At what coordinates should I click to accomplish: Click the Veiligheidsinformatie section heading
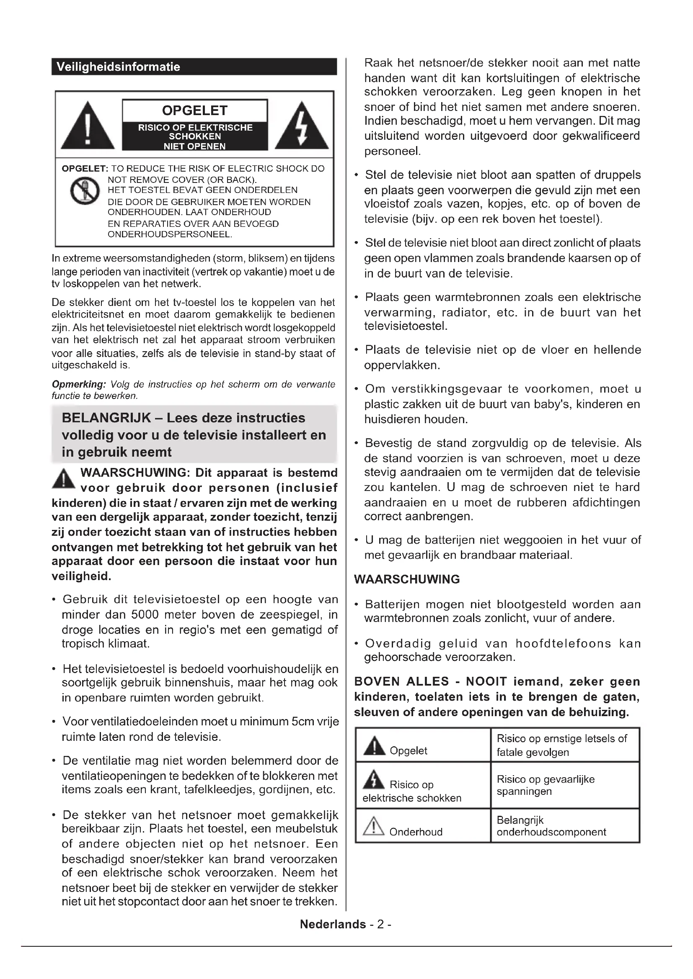coord(118,67)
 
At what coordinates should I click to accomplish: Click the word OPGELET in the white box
coord(194,110)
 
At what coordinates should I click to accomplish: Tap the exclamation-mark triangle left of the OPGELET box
coord(88,126)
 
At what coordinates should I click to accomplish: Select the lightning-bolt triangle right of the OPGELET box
coord(302,126)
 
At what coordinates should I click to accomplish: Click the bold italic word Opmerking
coord(78,384)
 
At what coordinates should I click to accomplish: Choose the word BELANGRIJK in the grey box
coord(106,418)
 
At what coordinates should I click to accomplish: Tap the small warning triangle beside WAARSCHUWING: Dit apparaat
coord(63,479)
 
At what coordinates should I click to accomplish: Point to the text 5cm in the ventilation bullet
coord(304,722)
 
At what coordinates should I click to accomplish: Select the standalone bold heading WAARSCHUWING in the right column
coord(407,579)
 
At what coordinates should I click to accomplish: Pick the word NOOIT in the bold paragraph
coord(486,681)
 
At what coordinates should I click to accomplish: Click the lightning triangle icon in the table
coord(374,779)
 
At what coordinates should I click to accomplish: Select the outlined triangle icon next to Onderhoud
coord(373,826)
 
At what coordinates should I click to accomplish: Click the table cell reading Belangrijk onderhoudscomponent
coord(564,826)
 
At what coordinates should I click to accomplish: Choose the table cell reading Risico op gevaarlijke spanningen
coord(564,785)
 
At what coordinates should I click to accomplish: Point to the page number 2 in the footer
coord(380,924)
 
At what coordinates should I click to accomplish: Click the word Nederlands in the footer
coord(333,924)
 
